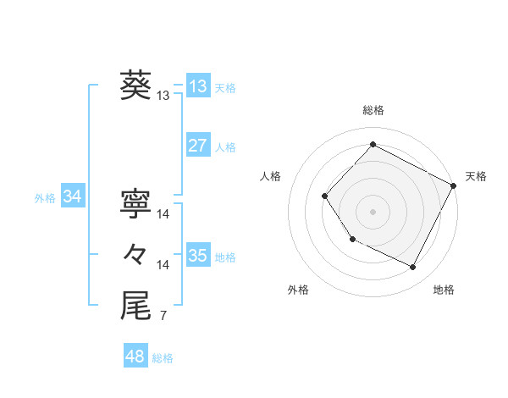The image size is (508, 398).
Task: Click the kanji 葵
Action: pyautogui.click(x=135, y=85)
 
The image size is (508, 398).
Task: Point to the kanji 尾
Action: pyautogui.click(x=135, y=307)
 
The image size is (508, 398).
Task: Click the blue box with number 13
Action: pyautogui.click(x=197, y=86)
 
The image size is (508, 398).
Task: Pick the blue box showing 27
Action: pyautogui.click(x=197, y=146)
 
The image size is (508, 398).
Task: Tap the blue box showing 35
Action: pyautogui.click(x=197, y=256)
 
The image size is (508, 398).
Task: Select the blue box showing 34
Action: pyautogui.click(x=72, y=197)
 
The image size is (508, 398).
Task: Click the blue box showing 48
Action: pyautogui.click(x=135, y=357)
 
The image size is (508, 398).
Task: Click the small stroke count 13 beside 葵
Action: pyautogui.click(x=163, y=97)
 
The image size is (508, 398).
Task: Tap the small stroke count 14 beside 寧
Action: pyautogui.click(x=163, y=214)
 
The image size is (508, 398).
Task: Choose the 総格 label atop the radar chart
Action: pyautogui.click(x=373, y=110)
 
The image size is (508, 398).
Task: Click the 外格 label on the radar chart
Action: pyautogui.click(x=298, y=290)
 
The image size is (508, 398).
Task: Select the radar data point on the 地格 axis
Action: pyautogui.click(x=413, y=268)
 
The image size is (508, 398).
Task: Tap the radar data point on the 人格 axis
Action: pyautogui.click(x=325, y=196)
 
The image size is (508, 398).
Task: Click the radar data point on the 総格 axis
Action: pyautogui.click(x=373, y=145)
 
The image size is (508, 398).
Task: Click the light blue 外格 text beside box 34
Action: pyautogui.click(x=45, y=198)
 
